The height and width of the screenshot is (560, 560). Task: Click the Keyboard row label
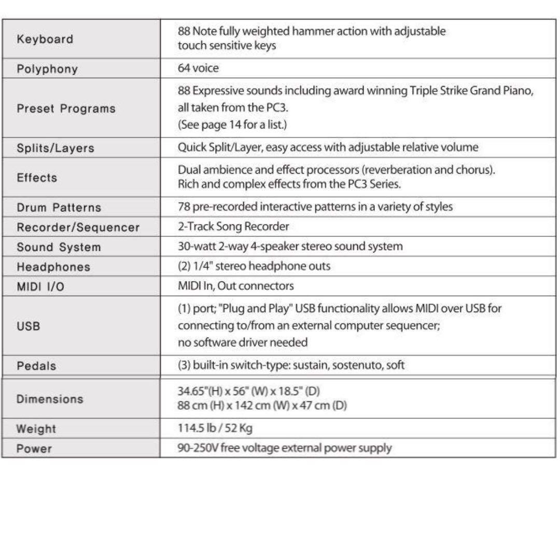[x=45, y=39]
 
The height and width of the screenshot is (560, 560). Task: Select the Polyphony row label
[x=47, y=69]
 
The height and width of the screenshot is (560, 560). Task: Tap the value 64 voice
[x=198, y=68]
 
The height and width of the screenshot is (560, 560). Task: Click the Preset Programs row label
[x=66, y=109]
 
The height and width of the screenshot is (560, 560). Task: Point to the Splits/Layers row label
[x=55, y=148]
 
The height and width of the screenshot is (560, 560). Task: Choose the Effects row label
[x=37, y=177]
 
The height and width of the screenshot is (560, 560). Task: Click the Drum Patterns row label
[x=59, y=207]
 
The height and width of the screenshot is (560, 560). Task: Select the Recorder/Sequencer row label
[x=78, y=227]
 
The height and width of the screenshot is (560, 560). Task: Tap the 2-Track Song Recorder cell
[x=233, y=227]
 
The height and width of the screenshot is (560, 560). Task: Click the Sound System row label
[x=59, y=247]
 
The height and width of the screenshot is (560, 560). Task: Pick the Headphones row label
[x=53, y=267]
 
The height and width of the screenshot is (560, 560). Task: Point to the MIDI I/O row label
[x=41, y=287]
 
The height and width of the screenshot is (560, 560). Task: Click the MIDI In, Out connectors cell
[x=235, y=286]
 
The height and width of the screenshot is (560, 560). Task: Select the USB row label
[x=28, y=327]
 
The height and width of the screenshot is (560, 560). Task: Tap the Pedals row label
[x=36, y=366]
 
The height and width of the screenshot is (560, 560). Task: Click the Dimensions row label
[x=50, y=399]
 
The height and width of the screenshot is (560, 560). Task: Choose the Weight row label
[x=36, y=429]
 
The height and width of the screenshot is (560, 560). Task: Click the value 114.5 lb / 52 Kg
[x=215, y=428]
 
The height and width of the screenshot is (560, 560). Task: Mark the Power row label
[x=34, y=449]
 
